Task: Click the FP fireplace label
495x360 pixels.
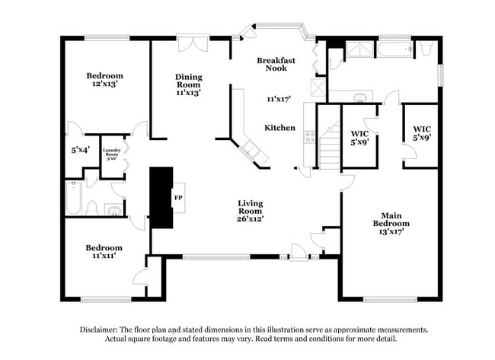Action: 179,197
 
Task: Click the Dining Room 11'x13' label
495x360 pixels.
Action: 188,84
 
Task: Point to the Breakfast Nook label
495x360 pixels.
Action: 276,64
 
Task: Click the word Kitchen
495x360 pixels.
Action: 279,128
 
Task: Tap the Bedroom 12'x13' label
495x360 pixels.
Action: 104,81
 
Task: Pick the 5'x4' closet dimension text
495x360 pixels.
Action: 79,150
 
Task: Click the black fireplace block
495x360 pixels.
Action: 161,197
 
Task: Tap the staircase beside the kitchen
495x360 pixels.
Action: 328,149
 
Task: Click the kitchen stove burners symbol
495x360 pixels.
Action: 309,137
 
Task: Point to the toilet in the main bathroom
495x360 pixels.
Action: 426,49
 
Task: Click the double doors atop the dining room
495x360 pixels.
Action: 189,44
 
